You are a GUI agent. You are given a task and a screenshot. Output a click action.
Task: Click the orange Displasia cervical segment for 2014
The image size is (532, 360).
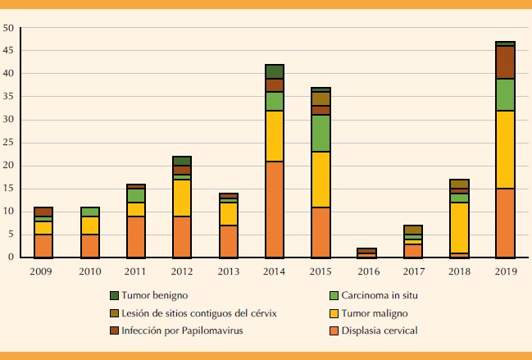pos(275,209)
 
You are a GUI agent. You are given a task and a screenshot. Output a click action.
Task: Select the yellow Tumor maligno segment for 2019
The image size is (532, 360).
pos(505,149)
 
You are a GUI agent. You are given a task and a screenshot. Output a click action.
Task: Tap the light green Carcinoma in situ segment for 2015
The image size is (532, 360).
pos(321,133)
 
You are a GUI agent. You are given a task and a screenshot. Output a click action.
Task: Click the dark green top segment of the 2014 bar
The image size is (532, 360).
pos(275,71)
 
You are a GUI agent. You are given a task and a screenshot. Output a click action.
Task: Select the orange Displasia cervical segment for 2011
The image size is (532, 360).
pos(136,236)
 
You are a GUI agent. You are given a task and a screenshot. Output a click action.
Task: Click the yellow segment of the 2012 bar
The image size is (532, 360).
pos(182,198)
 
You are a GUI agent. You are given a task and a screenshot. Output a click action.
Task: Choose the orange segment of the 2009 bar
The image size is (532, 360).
pos(43,246)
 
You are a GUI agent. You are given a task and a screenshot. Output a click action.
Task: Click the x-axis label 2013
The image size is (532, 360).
pos(228,270)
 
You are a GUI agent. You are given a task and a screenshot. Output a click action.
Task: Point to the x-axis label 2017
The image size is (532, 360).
pos(413,270)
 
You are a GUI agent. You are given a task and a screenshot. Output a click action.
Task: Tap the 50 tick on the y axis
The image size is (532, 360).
pos(9,28)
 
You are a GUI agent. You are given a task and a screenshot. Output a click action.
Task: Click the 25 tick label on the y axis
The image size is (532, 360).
pos(9,143)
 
